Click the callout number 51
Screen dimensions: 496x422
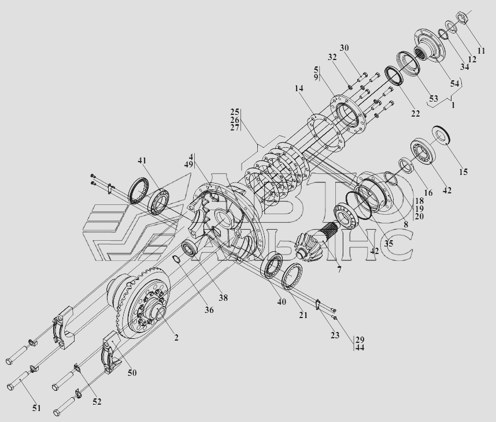36,408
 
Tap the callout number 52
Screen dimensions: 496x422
97,402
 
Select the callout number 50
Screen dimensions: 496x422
132,373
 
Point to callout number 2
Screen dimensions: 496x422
176,338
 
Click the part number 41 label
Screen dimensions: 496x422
142,160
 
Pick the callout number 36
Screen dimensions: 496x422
209,310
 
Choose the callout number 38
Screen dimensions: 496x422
223,297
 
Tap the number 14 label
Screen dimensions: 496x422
299,88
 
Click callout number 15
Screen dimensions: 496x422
463,172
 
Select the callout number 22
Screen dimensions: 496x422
415,113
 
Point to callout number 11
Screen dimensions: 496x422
481,51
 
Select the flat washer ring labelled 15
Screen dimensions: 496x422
442,136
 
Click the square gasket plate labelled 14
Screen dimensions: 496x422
325,132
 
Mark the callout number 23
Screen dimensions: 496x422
335,335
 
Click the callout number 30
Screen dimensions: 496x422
344,48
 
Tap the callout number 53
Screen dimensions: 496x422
434,98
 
